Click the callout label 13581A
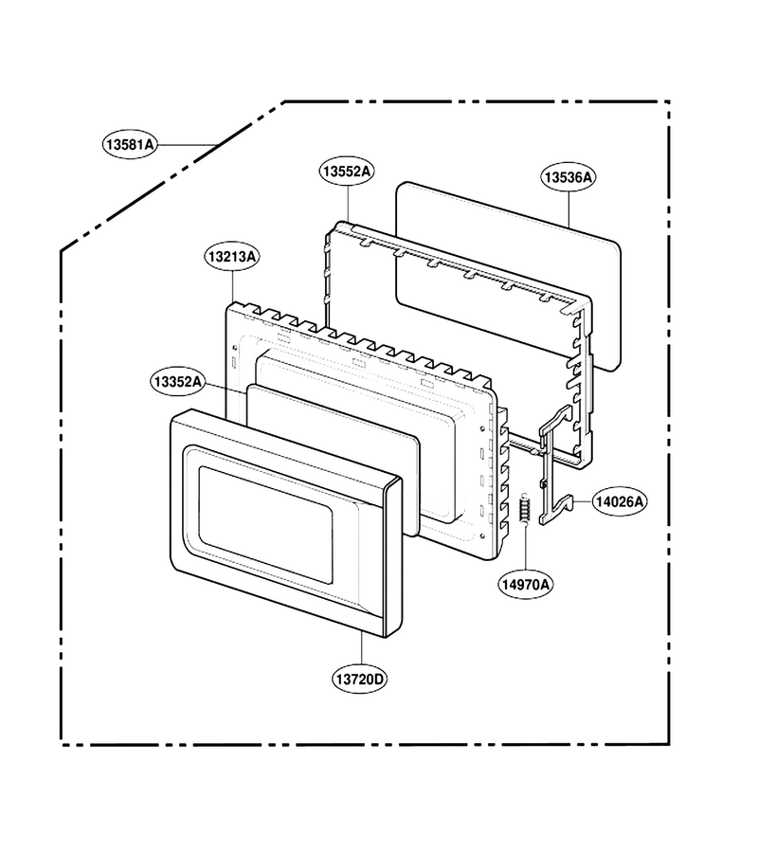pyautogui.click(x=130, y=145)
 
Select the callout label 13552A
pyautogui.click(x=347, y=172)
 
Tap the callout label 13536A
pyautogui.click(x=568, y=177)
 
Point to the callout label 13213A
pyautogui.click(x=232, y=256)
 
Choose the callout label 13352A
pyautogui.click(x=178, y=382)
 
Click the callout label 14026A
pyautogui.click(x=619, y=501)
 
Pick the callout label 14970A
pyautogui.click(x=525, y=584)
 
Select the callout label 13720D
pyautogui.click(x=360, y=679)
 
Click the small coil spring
pyautogui.click(x=525, y=509)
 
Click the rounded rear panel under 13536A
pyautogui.click(x=508, y=276)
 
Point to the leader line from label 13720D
pyautogui.click(x=361, y=648)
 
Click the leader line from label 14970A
pyautogui.click(x=526, y=549)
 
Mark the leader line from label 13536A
pyautogui.click(x=568, y=209)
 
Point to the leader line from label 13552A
pyautogui.click(x=347, y=204)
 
